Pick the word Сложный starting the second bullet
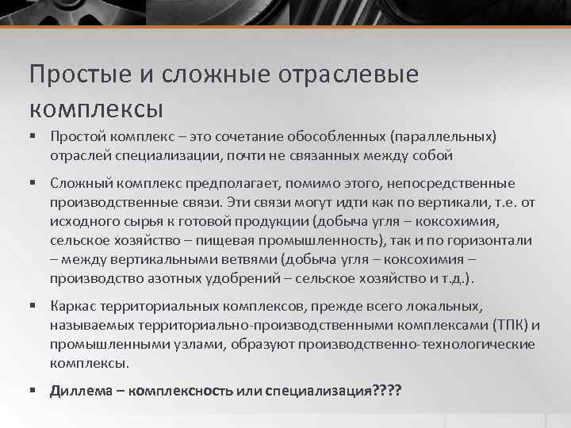(77, 184)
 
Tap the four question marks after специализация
(388, 391)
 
